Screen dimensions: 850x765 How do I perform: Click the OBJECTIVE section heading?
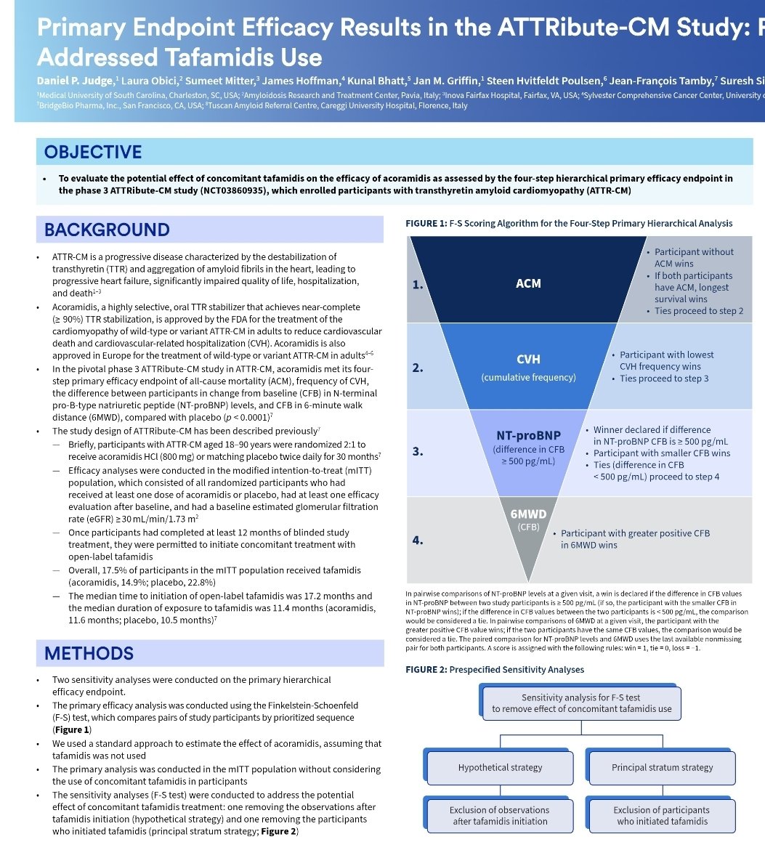[93, 152]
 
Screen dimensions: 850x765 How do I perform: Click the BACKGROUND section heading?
[106, 230]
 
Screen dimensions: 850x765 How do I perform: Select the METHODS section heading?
[89, 653]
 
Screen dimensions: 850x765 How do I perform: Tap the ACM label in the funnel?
[528, 283]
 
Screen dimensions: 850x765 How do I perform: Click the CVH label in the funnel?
[528, 360]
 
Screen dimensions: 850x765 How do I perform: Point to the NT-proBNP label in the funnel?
[528, 435]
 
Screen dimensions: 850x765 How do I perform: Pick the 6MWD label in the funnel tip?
[528, 514]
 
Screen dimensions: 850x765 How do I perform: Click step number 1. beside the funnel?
[417, 285]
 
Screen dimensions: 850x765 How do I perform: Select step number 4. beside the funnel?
[417, 541]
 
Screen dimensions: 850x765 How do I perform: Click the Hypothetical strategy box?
[500, 767]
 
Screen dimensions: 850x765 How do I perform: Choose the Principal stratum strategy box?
[662, 767]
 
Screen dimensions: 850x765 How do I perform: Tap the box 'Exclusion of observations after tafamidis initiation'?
[499, 815]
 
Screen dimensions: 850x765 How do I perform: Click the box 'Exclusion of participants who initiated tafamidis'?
[661, 815]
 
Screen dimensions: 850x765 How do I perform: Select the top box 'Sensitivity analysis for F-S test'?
[581, 703]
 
